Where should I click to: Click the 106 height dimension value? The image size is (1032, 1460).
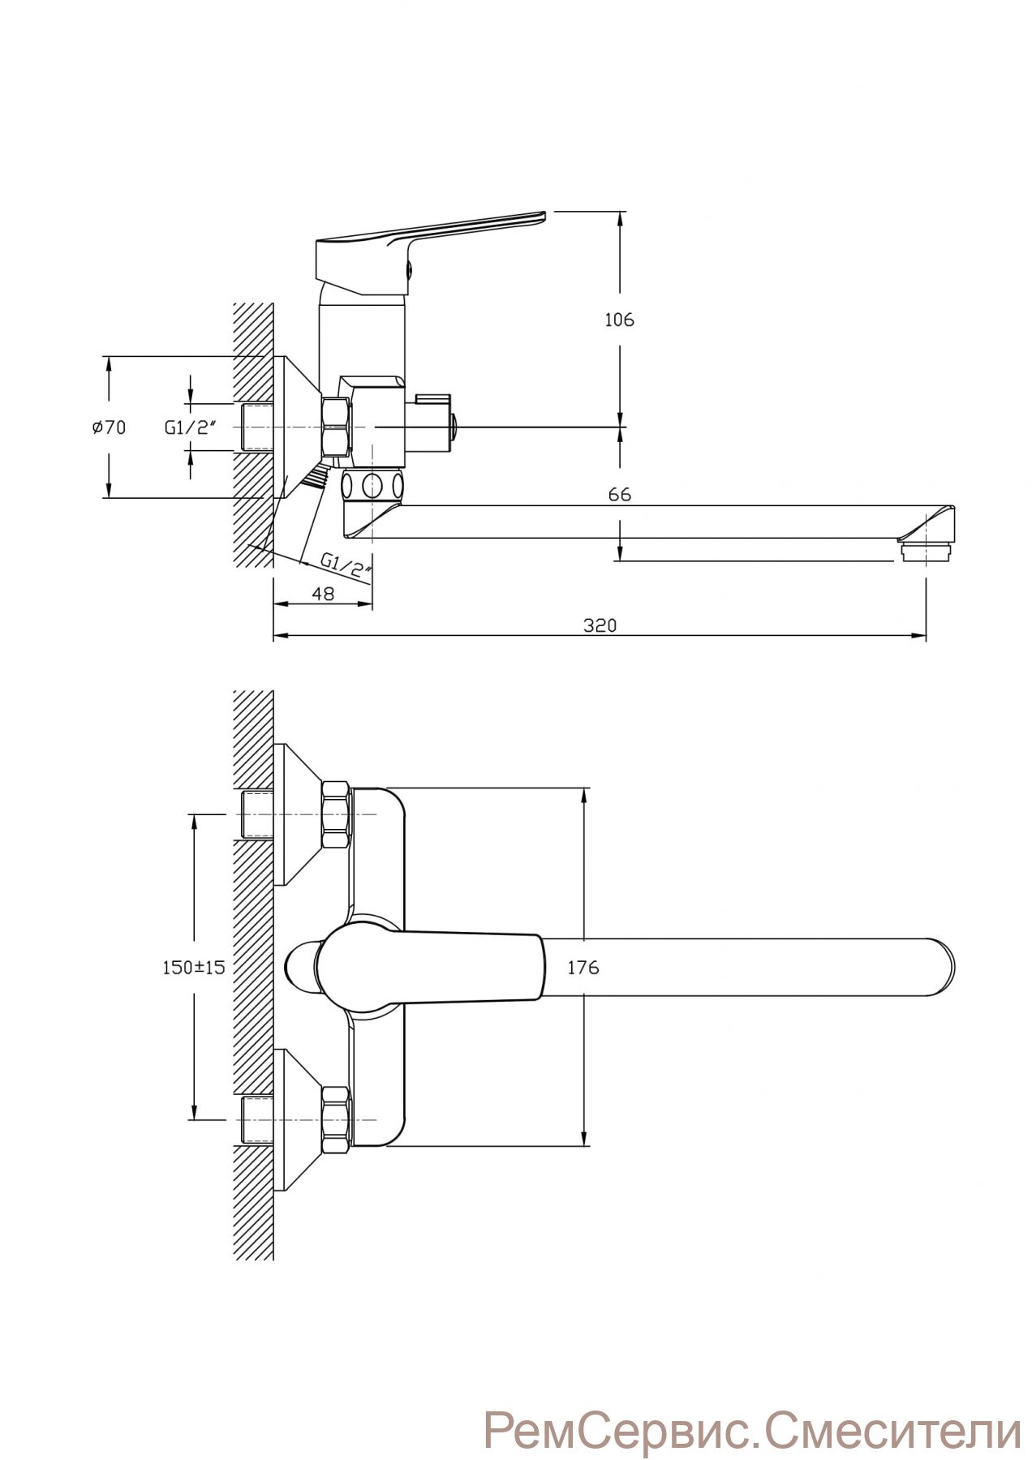point(619,320)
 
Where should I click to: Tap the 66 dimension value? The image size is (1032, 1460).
point(619,494)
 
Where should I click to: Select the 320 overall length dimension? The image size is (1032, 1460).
point(600,625)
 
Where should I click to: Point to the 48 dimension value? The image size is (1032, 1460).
point(323,594)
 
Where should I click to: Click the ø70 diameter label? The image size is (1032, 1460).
point(109,427)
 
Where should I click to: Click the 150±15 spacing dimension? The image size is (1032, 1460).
point(193,967)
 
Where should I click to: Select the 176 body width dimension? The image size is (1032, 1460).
point(583,967)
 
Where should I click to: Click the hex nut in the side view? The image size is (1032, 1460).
point(337,427)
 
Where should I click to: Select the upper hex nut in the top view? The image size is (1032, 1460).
point(337,815)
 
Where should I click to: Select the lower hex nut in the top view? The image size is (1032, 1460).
point(337,1120)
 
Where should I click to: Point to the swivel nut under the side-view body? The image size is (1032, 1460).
point(372,486)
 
